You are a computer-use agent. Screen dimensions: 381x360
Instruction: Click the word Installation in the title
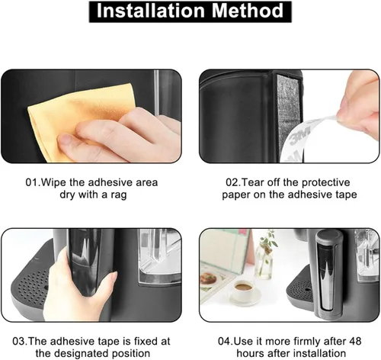pyautogui.click(x=150, y=11)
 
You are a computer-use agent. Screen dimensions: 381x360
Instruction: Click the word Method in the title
pyautogui.click(x=248, y=11)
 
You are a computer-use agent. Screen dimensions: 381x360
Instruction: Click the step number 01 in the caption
pyautogui.click(x=32, y=182)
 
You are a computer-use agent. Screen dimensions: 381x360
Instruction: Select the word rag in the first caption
pyautogui.click(x=118, y=195)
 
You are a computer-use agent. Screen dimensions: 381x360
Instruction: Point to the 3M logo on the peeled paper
pyautogui.click(x=300, y=135)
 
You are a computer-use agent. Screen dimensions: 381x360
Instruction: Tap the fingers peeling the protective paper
pyautogui.click(x=360, y=107)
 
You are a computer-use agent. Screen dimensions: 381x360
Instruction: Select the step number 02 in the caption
pyautogui.click(x=232, y=182)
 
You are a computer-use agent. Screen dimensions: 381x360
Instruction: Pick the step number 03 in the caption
pyautogui.click(x=19, y=341)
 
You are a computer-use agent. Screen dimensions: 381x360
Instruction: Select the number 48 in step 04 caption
pyautogui.click(x=354, y=341)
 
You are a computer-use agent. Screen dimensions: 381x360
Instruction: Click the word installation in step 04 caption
pyautogui.click(x=320, y=353)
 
